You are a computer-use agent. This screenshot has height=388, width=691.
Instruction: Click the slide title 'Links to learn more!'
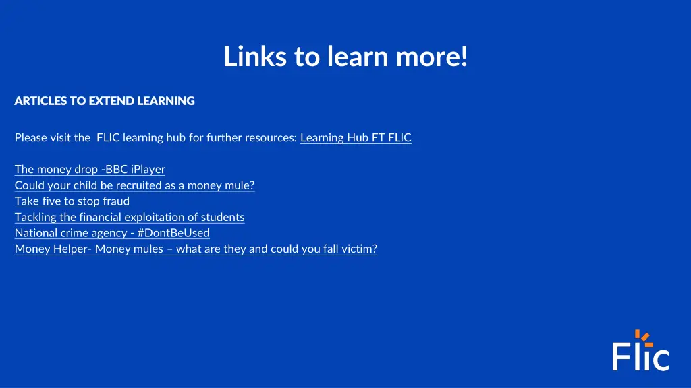tap(345, 57)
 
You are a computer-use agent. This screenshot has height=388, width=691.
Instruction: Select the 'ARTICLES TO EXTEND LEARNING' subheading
tap(105, 101)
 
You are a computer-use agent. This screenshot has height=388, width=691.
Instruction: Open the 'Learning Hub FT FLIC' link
tap(356, 138)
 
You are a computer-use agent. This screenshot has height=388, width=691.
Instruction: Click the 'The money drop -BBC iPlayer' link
tap(90, 170)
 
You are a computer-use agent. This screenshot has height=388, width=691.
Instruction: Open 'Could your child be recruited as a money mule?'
tap(134, 185)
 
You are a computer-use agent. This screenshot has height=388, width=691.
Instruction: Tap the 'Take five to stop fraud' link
tap(72, 201)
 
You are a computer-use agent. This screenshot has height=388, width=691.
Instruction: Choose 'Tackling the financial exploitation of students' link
tap(130, 217)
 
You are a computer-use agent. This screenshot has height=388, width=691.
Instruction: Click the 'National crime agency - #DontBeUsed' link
tap(112, 233)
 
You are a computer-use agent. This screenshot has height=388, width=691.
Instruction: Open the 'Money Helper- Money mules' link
tap(196, 249)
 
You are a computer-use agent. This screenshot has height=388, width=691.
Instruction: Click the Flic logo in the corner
tap(640, 351)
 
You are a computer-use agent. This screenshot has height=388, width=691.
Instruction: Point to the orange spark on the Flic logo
tap(643, 335)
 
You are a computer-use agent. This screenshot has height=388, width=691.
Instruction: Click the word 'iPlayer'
tap(148, 170)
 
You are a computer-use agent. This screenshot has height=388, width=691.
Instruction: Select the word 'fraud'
tap(116, 201)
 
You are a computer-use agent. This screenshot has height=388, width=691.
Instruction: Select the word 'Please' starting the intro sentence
tap(31, 138)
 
